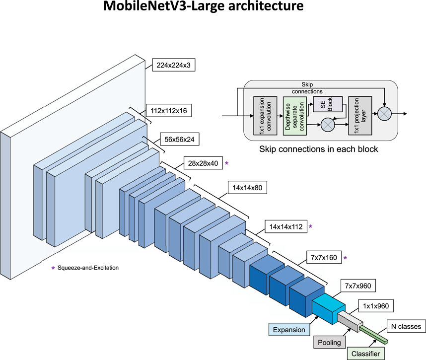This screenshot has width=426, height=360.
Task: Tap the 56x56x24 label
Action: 179,140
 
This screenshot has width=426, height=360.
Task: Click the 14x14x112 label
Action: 285,226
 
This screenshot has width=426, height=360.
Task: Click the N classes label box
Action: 404,327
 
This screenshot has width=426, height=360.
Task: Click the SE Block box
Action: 329,104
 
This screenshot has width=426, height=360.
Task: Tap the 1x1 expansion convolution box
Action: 262,115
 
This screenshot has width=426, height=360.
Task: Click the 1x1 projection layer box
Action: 359,115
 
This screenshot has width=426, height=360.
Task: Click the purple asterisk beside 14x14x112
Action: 311,226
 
